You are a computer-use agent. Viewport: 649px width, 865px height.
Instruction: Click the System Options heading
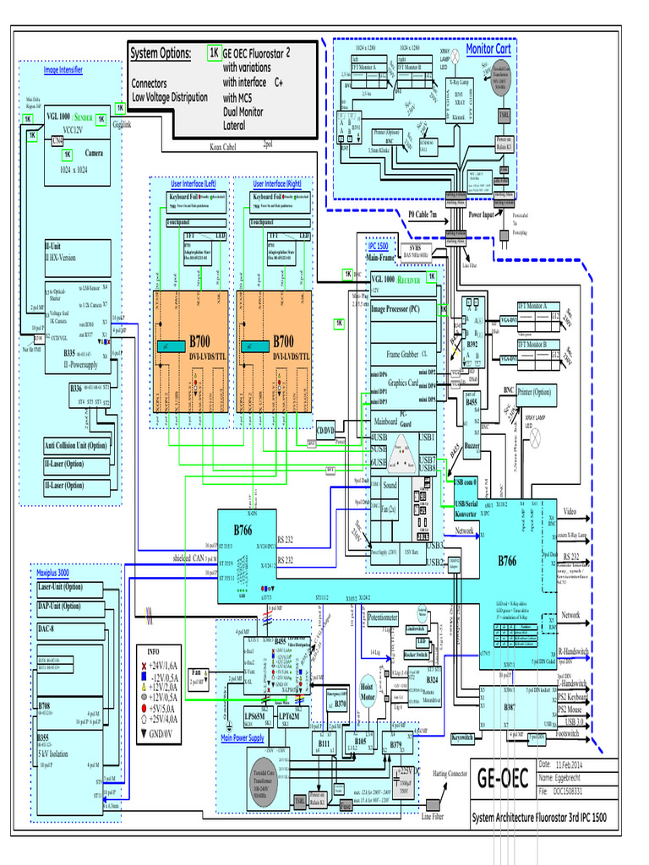point(161,54)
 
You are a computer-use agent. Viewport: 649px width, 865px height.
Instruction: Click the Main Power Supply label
point(243,737)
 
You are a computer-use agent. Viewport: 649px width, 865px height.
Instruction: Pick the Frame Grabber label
point(404,355)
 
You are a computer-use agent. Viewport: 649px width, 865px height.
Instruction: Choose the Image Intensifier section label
point(63,70)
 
